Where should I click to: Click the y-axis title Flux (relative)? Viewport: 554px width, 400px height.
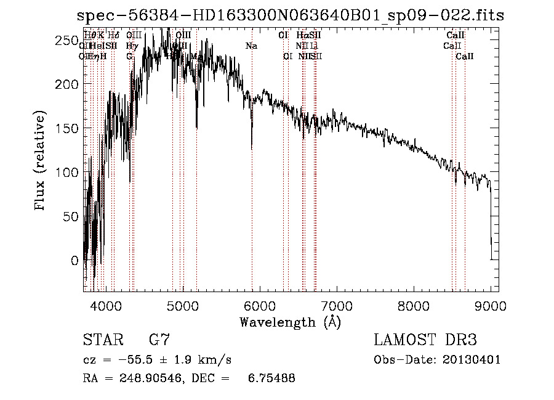[x=41, y=161]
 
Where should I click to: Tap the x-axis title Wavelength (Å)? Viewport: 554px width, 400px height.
[x=290, y=322]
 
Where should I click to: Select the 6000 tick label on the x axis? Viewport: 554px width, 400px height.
[x=260, y=306]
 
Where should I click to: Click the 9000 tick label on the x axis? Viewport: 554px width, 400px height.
[x=491, y=306]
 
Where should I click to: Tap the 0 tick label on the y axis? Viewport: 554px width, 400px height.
[x=75, y=261]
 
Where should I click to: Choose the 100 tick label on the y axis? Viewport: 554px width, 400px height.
[x=67, y=173]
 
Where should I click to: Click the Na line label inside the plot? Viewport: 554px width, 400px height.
[x=251, y=46]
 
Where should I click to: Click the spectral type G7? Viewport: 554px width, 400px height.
[x=159, y=340]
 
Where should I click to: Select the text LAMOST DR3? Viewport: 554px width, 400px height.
[x=425, y=340]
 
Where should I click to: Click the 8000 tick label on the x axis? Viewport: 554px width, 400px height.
[x=414, y=306]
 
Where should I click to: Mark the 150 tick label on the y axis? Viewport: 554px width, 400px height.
[x=67, y=128]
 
